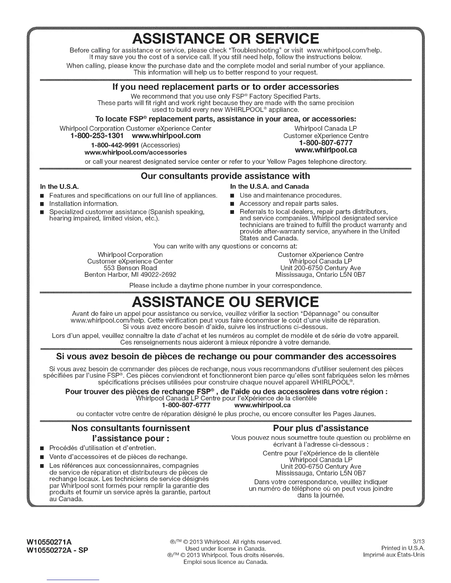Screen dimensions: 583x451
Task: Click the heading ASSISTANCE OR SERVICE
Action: [225, 39]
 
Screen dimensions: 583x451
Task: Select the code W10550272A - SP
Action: [57, 550]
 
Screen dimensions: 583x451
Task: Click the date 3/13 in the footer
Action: [419, 542]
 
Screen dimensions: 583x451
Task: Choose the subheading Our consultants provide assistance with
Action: [225, 176]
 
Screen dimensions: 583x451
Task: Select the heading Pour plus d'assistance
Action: [321, 428]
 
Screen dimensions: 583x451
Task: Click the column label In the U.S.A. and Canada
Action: [269, 186]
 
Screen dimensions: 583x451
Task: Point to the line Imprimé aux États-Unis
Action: [394, 555]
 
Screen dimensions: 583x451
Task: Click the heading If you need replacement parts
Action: [225, 87]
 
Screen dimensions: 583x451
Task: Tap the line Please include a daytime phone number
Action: [225, 286]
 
